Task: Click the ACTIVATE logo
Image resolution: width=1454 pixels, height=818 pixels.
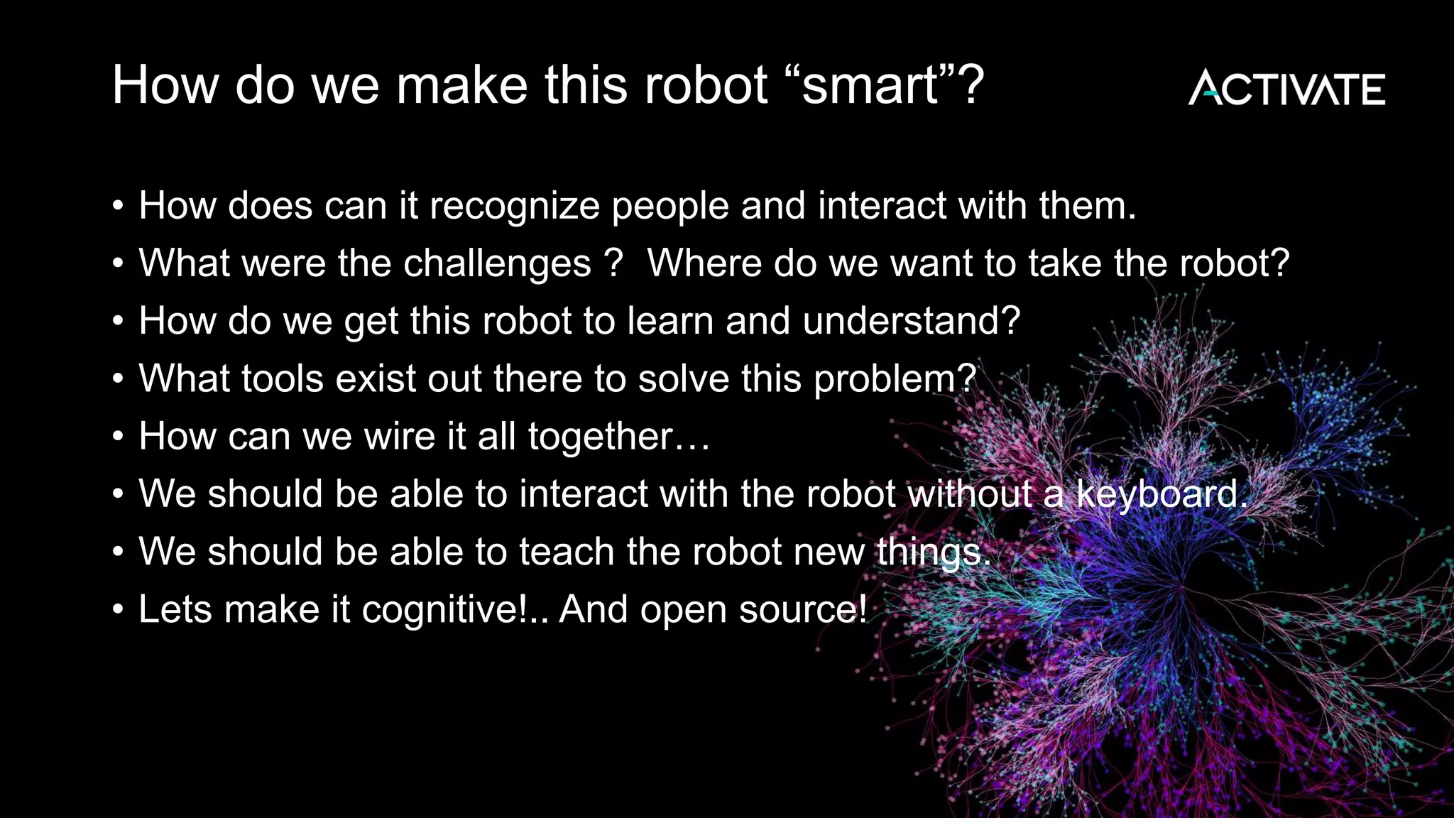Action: coord(1286,88)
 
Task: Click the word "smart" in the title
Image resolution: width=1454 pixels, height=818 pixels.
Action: coord(870,85)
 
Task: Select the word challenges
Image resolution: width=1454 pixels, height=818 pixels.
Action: coord(497,263)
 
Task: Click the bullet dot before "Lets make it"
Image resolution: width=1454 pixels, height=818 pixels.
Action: coord(119,609)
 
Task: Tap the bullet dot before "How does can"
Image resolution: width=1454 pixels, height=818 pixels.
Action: coord(119,207)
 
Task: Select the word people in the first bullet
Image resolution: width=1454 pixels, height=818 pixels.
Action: coord(669,207)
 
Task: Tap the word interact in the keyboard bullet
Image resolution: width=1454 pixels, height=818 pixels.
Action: coord(583,493)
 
